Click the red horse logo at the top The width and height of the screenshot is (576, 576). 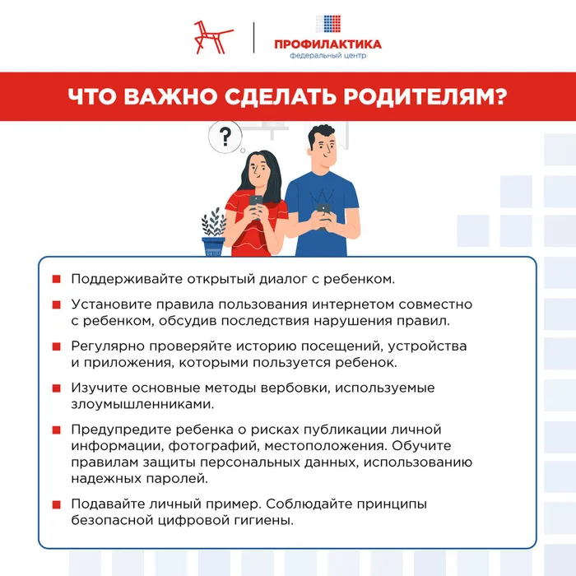[211, 38]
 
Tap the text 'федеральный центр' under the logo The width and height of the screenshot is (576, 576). [327, 57]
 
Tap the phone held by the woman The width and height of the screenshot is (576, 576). [256, 202]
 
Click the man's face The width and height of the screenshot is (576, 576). [322, 149]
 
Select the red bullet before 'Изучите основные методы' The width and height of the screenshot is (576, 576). [56, 388]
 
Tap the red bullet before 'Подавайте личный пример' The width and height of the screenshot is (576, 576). [56, 504]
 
